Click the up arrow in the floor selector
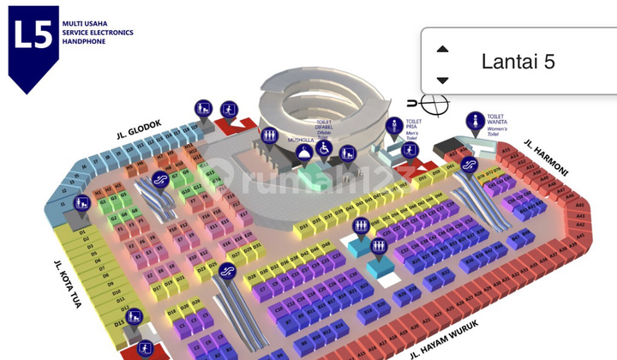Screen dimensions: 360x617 click(x=442, y=49)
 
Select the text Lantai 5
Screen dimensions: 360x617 click(x=518, y=62)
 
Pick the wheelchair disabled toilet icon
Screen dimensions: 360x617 click(x=325, y=147)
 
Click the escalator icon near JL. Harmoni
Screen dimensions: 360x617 click(x=469, y=163)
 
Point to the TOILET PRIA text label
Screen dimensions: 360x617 click(x=415, y=123)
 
